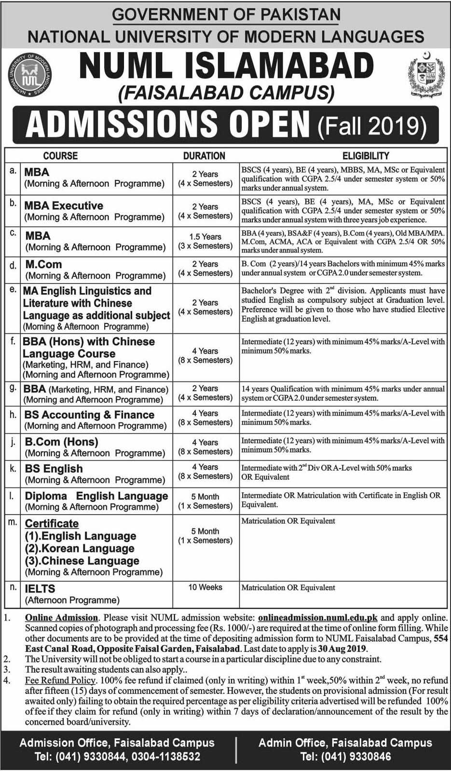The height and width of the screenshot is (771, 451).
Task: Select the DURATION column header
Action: [204, 156]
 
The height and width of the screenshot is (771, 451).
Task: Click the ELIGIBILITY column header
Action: [366, 156]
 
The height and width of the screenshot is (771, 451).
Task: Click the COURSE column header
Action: [60, 156]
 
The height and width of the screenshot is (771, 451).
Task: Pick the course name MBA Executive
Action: [64, 205]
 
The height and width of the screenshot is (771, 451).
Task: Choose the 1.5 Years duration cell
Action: [205, 237]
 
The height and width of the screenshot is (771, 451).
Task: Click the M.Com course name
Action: [43, 264]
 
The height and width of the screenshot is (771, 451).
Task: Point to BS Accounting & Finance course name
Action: [90, 415]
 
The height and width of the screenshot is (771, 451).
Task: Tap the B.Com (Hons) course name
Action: [61, 442]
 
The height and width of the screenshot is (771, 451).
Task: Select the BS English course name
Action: [54, 469]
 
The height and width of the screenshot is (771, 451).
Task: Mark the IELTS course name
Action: [40, 589]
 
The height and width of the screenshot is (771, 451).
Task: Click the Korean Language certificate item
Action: [80, 549]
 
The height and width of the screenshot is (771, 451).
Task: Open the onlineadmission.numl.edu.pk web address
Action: [317, 618]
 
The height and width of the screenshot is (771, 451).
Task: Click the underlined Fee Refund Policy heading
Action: [60, 681]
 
